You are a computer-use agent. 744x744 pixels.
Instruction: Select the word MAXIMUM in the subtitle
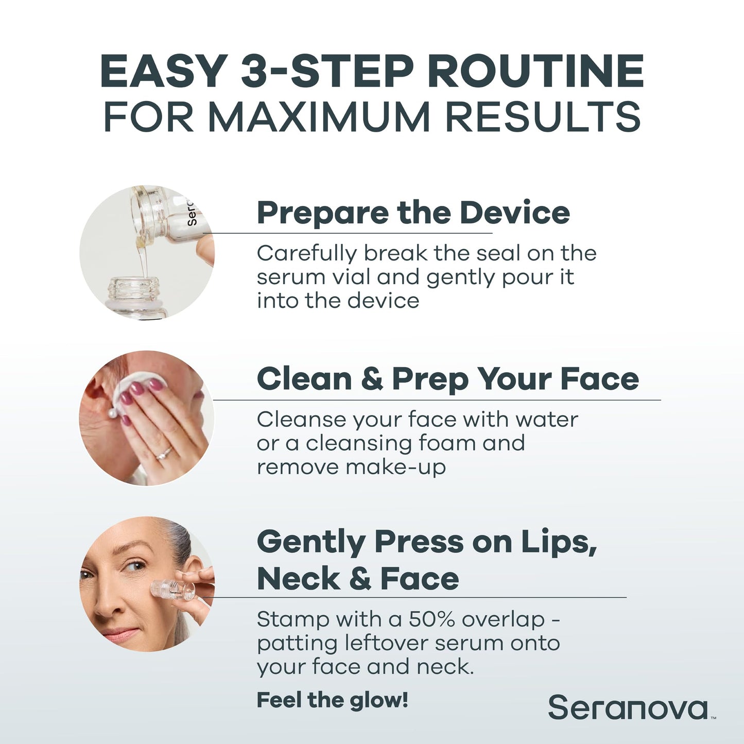point(319,117)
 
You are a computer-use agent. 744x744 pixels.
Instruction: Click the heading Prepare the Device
point(413,213)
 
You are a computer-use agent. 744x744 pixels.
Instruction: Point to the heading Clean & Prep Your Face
point(447,379)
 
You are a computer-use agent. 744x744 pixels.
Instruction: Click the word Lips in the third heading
point(559,542)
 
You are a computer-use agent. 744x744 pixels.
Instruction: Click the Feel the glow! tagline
point(332,700)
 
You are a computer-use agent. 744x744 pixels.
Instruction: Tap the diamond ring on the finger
point(164,453)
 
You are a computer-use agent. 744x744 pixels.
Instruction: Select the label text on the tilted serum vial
point(192,214)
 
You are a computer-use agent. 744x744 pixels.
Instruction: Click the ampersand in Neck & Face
point(360,579)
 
